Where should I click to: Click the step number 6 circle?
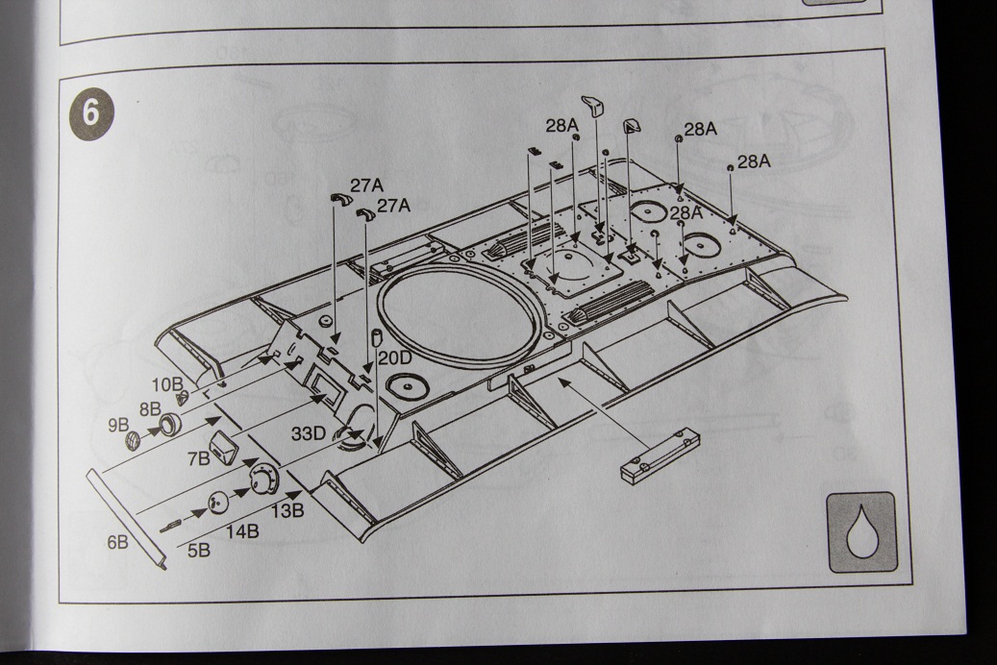pyautogui.click(x=90, y=112)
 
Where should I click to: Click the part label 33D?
pyautogui.click(x=310, y=433)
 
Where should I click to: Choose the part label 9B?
pyautogui.click(x=118, y=425)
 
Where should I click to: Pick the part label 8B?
pyautogui.click(x=149, y=408)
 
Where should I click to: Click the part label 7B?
pyautogui.click(x=198, y=458)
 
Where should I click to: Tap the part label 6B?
pyautogui.click(x=117, y=542)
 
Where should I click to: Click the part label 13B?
pyautogui.click(x=287, y=510)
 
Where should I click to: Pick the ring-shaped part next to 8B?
pyautogui.click(x=170, y=423)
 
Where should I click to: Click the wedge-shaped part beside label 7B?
pyautogui.click(x=225, y=448)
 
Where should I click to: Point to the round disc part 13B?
pyautogui.click(x=262, y=477)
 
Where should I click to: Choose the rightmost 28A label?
pyautogui.click(x=754, y=161)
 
